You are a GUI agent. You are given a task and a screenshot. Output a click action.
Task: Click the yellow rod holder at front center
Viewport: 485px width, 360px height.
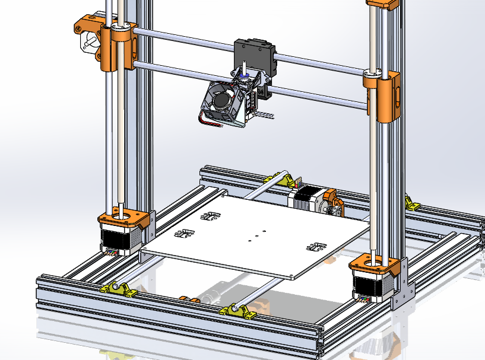click(x=237, y=311)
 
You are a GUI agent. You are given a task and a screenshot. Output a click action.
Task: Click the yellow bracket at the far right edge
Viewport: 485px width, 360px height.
click(x=411, y=202)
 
